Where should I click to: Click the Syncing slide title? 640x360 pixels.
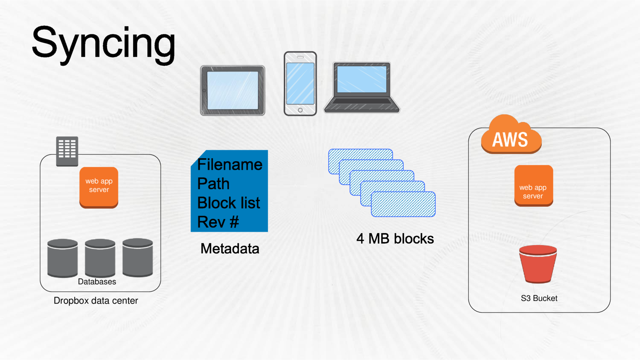(x=103, y=43)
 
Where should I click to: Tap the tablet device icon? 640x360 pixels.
(x=232, y=90)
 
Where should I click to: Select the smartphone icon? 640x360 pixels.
(x=300, y=83)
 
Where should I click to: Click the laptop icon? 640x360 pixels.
(x=362, y=87)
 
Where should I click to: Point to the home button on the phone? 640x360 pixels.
(x=300, y=110)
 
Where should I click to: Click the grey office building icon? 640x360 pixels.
(x=67, y=151)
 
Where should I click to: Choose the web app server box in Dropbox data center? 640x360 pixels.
(x=99, y=187)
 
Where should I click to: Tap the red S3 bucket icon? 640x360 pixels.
(x=538, y=264)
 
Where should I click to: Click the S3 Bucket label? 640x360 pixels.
(x=539, y=298)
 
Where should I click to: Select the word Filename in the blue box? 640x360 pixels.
(x=230, y=165)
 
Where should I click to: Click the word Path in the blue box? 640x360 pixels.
(x=213, y=184)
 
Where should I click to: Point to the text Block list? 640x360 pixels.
(x=228, y=203)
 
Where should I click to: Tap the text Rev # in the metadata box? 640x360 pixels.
(x=218, y=222)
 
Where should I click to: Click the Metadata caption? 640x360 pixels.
(x=230, y=249)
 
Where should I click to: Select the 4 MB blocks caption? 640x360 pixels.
(x=395, y=239)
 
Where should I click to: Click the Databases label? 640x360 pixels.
(x=97, y=282)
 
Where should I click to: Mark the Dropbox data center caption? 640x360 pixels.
(x=96, y=301)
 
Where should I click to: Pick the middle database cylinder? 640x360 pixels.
(x=100, y=258)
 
